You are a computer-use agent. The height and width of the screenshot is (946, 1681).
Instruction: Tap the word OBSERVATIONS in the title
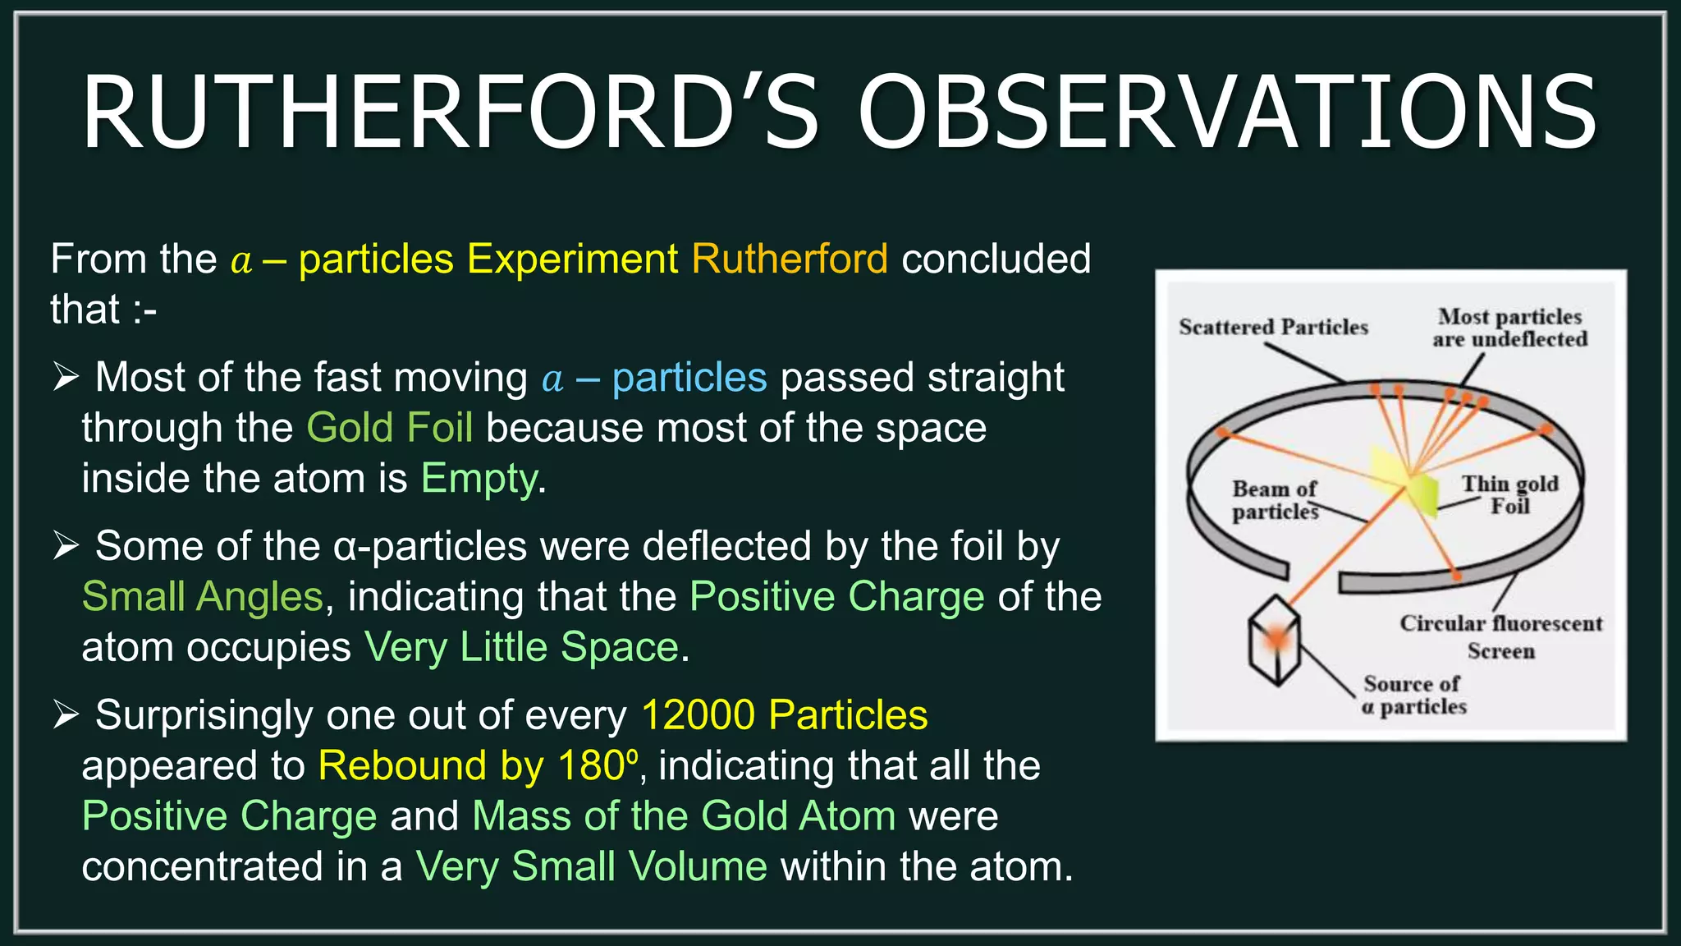pyautogui.click(x=1228, y=113)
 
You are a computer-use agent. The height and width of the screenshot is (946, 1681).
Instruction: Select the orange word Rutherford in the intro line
pyautogui.click(x=789, y=259)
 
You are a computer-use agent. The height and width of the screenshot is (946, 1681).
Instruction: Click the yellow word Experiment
pyautogui.click(x=572, y=259)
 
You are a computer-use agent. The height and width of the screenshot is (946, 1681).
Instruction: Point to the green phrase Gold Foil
pyautogui.click(x=389, y=429)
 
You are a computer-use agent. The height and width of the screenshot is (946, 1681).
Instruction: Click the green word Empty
pyautogui.click(x=479, y=479)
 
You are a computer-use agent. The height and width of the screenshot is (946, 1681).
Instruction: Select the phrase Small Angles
pyautogui.click(x=203, y=597)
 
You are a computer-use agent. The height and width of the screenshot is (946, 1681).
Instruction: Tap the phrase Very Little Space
pyautogui.click(x=521, y=648)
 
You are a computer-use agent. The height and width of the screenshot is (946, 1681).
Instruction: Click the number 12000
pyautogui.click(x=698, y=715)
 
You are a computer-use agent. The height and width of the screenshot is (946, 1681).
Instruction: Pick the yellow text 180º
pyautogui.click(x=597, y=766)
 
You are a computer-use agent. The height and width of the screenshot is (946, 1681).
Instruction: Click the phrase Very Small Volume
pyautogui.click(x=591, y=867)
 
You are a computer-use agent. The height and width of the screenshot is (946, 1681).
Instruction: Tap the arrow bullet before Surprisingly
pyautogui.click(x=66, y=714)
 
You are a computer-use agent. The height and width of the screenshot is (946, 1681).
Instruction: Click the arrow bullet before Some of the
pyautogui.click(x=66, y=545)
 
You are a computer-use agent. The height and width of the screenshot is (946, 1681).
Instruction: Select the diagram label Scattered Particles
pyautogui.click(x=1273, y=328)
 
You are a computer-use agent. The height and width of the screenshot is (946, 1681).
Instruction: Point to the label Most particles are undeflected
pyautogui.click(x=1509, y=328)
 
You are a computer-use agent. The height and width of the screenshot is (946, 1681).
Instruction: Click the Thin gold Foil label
pyautogui.click(x=1509, y=494)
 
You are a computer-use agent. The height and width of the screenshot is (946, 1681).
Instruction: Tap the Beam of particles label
pyautogui.click(x=1274, y=500)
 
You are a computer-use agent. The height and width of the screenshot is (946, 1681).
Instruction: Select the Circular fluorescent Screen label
pyautogui.click(x=1500, y=636)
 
